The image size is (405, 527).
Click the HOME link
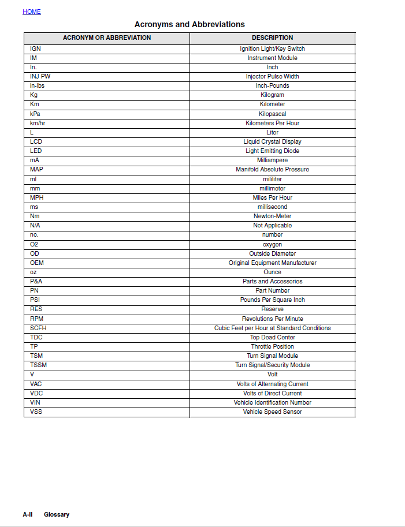point(32,12)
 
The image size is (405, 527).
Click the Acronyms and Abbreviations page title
point(190,24)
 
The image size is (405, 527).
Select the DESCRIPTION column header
point(272,38)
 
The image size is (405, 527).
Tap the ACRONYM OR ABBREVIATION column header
point(107,38)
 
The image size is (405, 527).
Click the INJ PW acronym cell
point(40,76)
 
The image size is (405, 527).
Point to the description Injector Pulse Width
point(272,76)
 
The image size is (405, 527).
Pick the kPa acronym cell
point(35,114)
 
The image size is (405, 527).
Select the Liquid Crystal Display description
point(272,141)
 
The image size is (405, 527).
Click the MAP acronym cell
point(36,169)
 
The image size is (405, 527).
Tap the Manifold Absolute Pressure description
point(272,169)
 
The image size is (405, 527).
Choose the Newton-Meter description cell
point(272,216)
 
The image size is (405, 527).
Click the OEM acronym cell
point(36,263)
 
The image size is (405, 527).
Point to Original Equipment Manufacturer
point(272,263)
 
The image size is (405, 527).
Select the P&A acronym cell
point(36,281)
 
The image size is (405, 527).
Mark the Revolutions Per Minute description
point(272,319)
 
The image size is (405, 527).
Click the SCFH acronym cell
point(38,328)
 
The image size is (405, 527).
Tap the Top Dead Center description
point(272,337)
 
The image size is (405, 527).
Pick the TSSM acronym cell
point(38,365)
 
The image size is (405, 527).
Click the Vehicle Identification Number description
point(272,402)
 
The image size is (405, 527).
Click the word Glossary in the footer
point(57,514)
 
